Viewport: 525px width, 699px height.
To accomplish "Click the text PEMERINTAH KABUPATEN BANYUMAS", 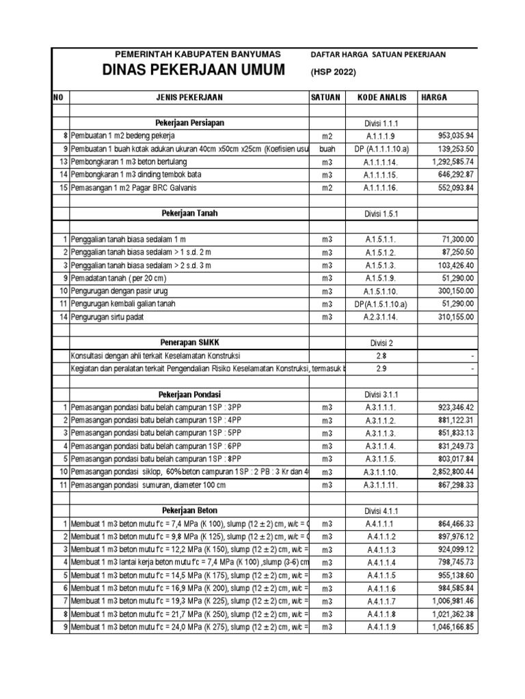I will click(193, 54).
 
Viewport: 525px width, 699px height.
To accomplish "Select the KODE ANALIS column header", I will click(381, 98).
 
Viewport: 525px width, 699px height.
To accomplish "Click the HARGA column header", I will click(435, 98).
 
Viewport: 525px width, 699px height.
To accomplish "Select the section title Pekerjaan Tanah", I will click(189, 213).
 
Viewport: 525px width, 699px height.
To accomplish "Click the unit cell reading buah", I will click(327, 149).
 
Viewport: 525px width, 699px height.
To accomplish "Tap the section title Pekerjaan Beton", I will click(189, 511).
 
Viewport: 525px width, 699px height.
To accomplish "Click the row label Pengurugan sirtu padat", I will click(109, 317).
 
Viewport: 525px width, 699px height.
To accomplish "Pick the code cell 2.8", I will click(381, 356).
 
